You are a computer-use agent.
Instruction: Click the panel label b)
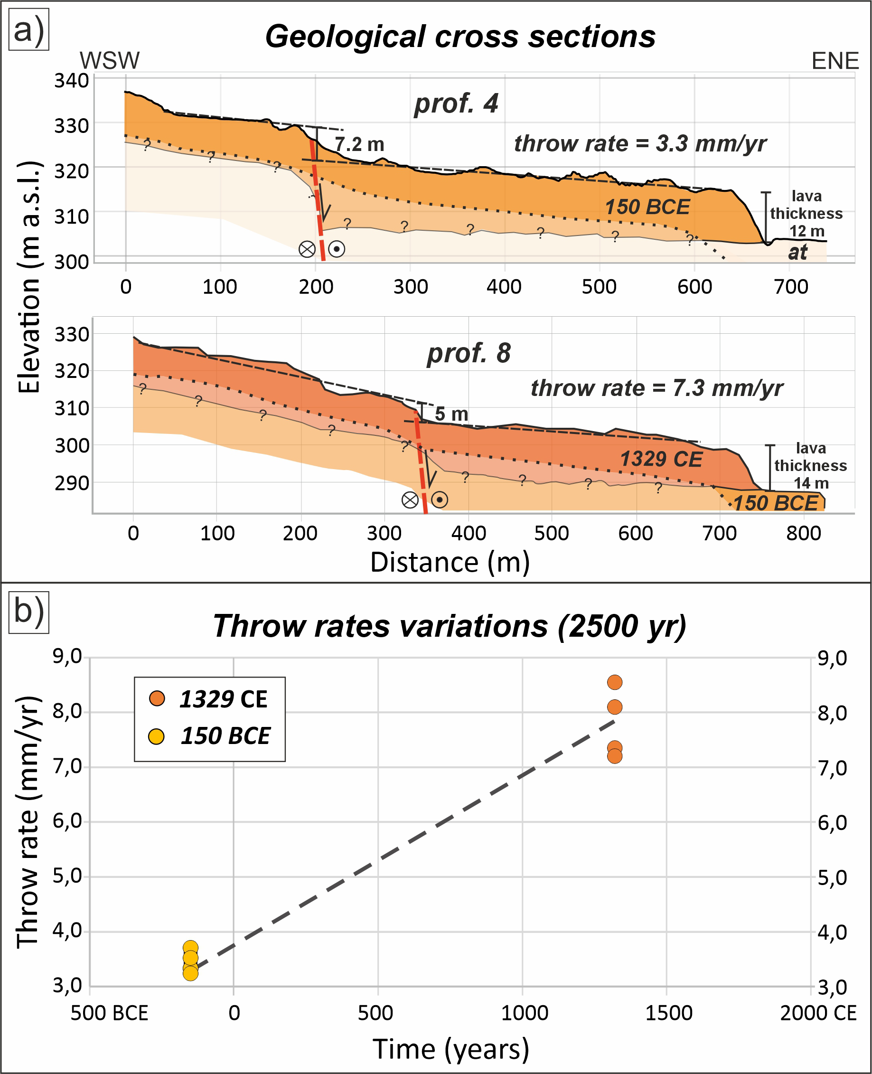pos(28,613)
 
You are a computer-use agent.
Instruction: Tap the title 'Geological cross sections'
pos(460,37)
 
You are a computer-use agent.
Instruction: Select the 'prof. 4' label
pos(456,104)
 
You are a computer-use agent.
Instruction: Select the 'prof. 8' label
pos(468,353)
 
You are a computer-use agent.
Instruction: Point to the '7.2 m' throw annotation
pos(359,145)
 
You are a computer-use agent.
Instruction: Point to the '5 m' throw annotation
pos(451,414)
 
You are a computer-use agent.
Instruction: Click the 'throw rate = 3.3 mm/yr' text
pos(640,144)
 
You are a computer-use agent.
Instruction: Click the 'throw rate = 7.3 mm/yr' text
pos(656,388)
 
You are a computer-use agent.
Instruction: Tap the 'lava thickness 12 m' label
pos(806,214)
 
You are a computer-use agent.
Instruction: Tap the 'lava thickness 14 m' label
pos(810,466)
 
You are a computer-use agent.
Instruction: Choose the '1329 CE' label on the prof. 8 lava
pos(661,459)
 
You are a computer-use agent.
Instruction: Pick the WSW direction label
pos(110,61)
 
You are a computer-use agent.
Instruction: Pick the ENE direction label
pos(835,61)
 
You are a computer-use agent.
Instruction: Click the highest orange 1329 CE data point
pos(615,682)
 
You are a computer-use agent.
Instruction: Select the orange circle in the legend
pos(157,699)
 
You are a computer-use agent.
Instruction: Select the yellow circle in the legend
pos(157,736)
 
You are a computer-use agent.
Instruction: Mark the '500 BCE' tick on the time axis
pos(110,1013)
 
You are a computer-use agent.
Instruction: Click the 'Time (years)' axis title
pos(450,1049)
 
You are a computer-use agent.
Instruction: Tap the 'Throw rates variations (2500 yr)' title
pos(450,626)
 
